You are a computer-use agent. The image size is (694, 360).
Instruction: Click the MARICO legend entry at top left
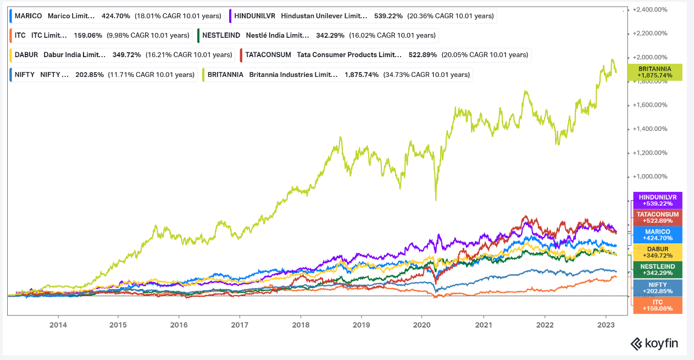tap(115, 16)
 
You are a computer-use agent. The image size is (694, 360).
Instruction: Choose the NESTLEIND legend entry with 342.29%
tap(318, 35)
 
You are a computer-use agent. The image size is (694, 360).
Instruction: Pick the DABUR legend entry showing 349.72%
tap(122, 54)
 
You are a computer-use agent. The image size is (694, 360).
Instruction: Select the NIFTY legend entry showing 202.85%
tap(103, 74)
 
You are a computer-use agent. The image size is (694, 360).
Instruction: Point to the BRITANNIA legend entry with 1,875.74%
tap(338, 74)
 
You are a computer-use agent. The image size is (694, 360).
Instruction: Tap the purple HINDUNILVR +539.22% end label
tap(658, 200)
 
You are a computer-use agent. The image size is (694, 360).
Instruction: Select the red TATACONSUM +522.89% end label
tap(658, 218)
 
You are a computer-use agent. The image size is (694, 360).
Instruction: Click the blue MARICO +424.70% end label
tap(658, 235)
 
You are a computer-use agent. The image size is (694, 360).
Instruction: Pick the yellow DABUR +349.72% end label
tap(658, 252)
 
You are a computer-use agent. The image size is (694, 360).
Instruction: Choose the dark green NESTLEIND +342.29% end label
tap(658, 270)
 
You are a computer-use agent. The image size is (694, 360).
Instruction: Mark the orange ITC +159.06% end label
tap(658, 306)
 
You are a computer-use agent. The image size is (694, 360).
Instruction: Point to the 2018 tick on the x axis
tap(301, 325)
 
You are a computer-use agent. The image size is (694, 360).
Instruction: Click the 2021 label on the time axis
tap(484, 325)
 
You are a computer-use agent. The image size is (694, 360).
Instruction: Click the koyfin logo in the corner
tap(654, 344)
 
